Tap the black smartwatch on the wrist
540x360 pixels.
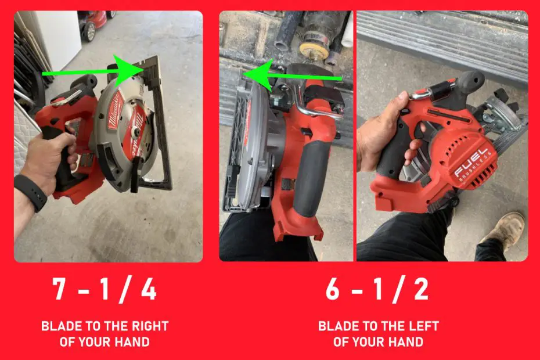click(x=30, y=192)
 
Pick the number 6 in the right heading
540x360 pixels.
click(x=333, y=290)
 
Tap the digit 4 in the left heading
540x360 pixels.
click(x=148, y=290)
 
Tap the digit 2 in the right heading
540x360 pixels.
click(x=419, y=290)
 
